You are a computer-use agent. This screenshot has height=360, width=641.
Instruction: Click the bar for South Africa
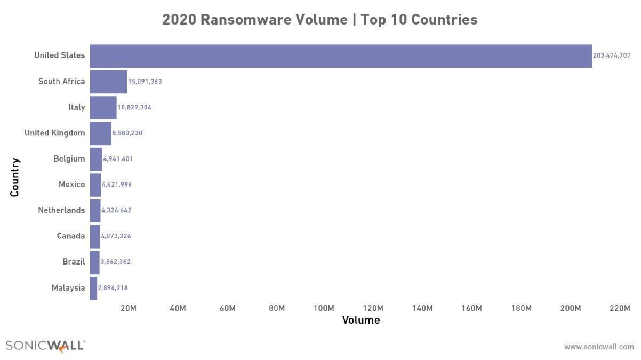[x=108, y=82]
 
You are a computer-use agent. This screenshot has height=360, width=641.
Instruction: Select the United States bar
[x=341, y=56]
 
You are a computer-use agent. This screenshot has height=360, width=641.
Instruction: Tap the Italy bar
[x=103, y=108]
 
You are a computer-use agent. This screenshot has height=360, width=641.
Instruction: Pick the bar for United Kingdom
[x=100, y=133]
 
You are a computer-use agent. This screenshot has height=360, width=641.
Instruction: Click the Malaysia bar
[x=93, y=288]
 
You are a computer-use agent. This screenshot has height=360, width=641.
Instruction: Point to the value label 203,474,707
[x=612, y=55]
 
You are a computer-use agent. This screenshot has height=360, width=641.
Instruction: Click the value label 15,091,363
[x=145, y=82]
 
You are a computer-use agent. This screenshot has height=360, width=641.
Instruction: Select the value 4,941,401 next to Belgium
[x=118, y=159]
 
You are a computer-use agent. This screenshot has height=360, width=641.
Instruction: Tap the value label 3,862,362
[x=115, y=262]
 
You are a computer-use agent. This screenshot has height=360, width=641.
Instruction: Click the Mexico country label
[x=71, y=185]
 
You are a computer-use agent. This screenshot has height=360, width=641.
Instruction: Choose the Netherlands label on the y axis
[x=61, y=210]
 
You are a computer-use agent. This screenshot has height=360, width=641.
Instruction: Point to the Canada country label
[x=71, y=236]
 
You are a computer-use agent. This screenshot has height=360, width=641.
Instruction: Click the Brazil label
[x=74, y=261]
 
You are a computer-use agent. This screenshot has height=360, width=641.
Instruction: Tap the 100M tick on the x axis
[x=324, y=308]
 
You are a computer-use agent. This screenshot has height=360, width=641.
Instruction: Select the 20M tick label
[x=129, y=308]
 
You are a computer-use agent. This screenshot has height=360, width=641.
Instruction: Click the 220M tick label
[x=620, y=308]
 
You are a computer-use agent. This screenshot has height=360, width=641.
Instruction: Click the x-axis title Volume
[x=361, y=320]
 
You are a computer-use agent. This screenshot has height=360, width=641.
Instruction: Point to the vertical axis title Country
[x=14, y=178]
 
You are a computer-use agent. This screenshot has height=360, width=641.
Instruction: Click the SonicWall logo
[x=45, y=346]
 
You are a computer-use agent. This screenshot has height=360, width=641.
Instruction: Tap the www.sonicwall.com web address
[x=599, y=347]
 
